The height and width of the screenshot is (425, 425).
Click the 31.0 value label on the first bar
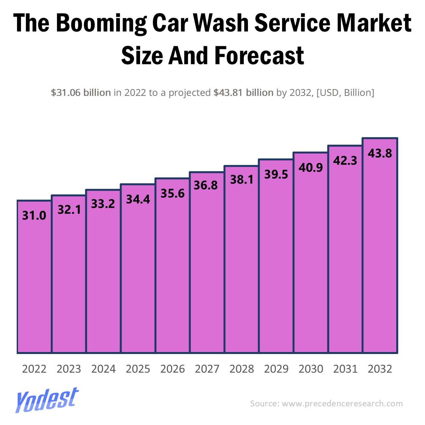[x=34, y=216]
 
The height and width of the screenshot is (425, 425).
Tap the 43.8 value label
[x=380, y=153]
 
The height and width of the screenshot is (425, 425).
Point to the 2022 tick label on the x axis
[x=34, y=369]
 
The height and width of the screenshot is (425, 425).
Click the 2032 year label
[x=380, y=369]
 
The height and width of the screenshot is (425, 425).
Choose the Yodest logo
[x=47, y=400]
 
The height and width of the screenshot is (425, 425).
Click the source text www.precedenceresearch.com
[x=342, y=403]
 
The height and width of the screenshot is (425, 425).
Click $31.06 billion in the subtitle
[x=81, y=93]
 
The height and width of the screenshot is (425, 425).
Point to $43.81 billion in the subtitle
[x=243, y=93]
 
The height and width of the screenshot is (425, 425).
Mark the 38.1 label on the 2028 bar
[x=241, y=180]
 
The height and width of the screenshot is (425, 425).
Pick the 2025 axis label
[x=138, y=369]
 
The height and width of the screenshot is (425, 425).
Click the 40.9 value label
[x=311, y=168]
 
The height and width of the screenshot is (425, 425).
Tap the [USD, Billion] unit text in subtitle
[x=345, y=93]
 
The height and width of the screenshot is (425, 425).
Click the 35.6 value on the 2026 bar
[x=172, y=193]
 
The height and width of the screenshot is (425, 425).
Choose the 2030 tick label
[x=311, y=369]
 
